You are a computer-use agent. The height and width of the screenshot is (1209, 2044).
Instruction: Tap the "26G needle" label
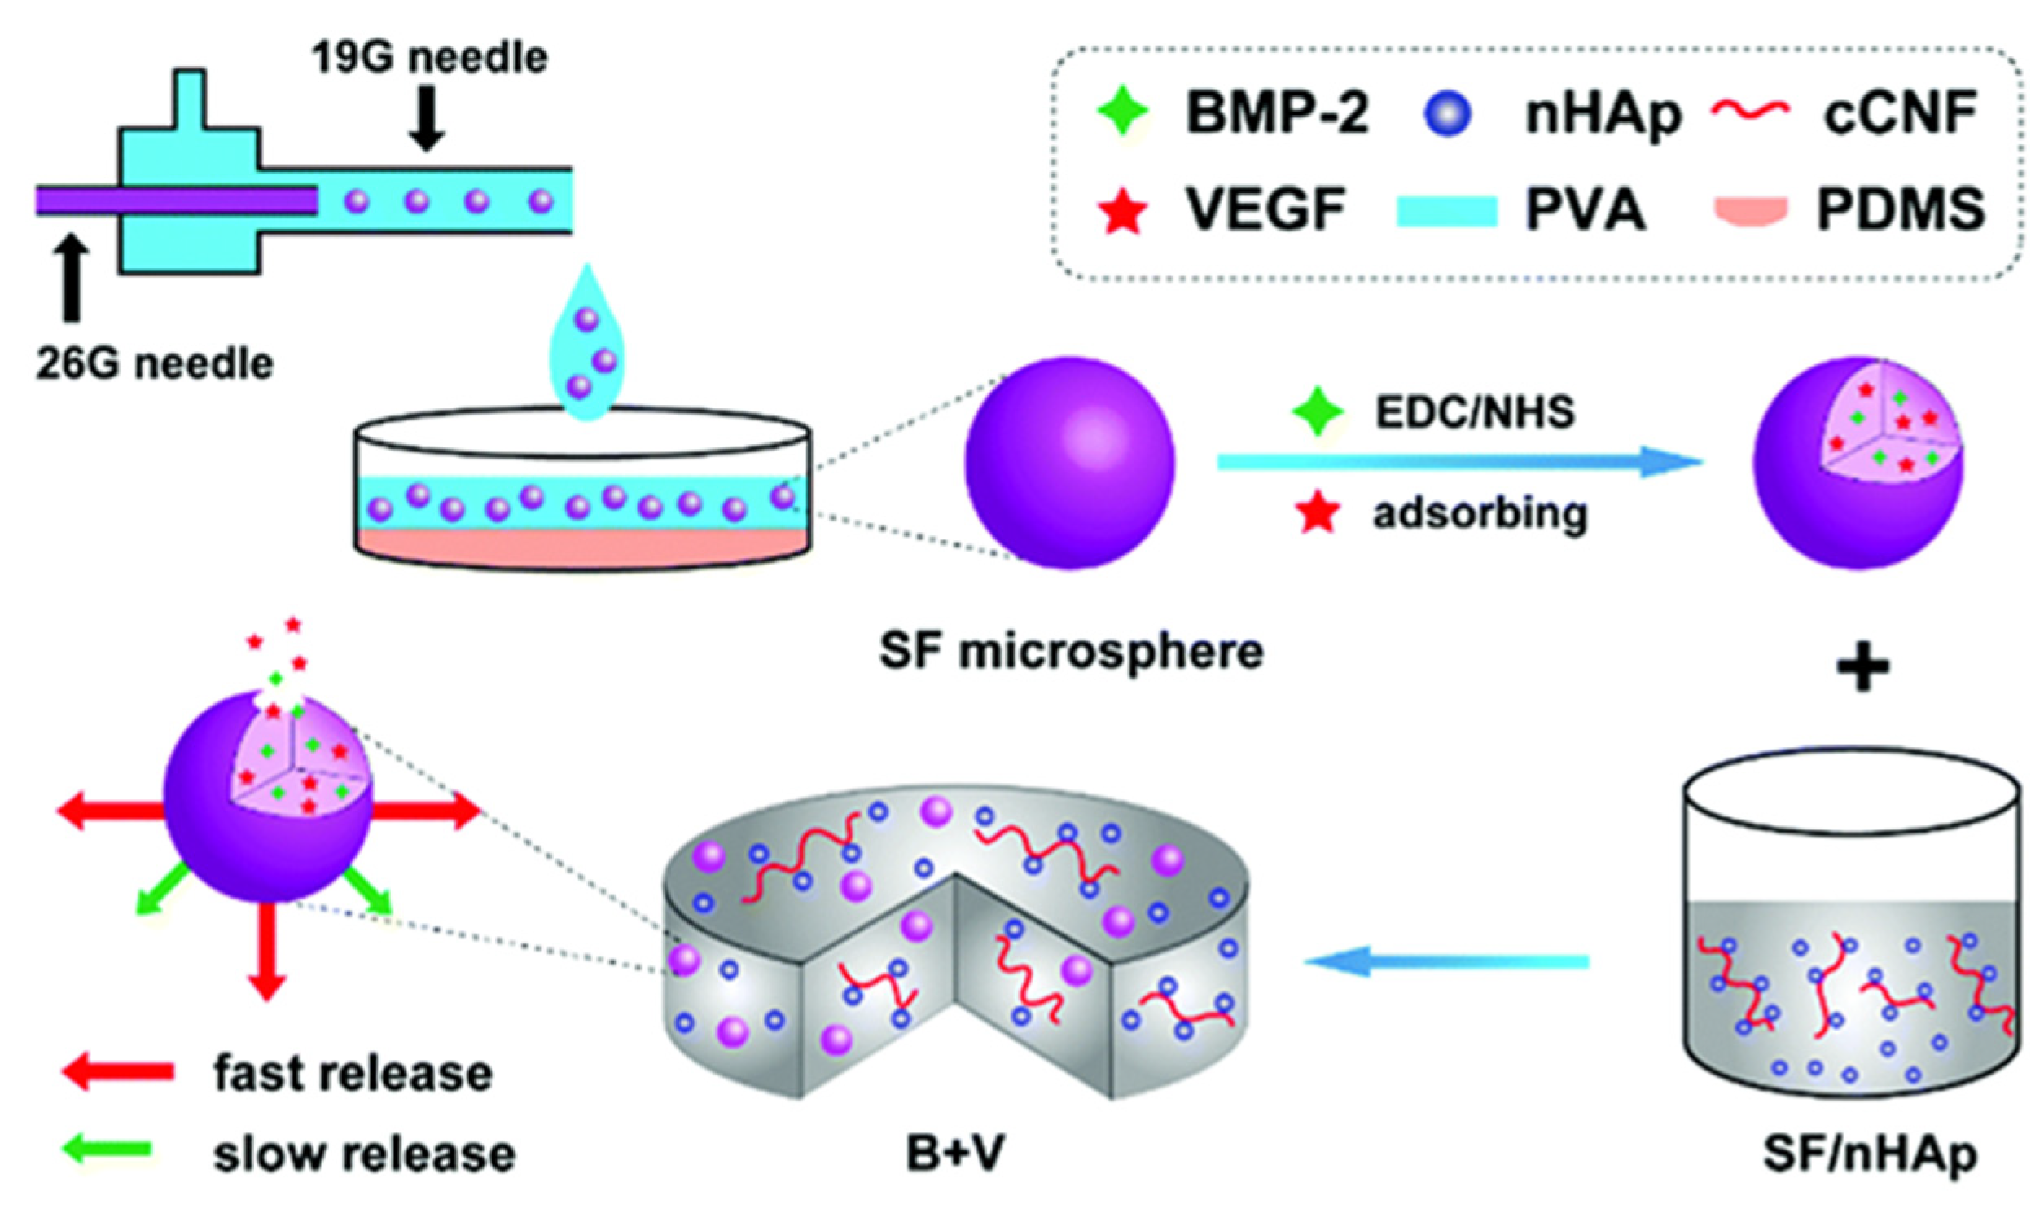click(x=154, y=363)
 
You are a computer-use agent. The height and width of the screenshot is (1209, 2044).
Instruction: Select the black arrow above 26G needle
click(x=72, y=278)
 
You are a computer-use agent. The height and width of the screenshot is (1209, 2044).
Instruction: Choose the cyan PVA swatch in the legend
click(x=1447, y=211)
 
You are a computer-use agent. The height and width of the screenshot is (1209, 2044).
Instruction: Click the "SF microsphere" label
click(x=1071, y=652)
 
